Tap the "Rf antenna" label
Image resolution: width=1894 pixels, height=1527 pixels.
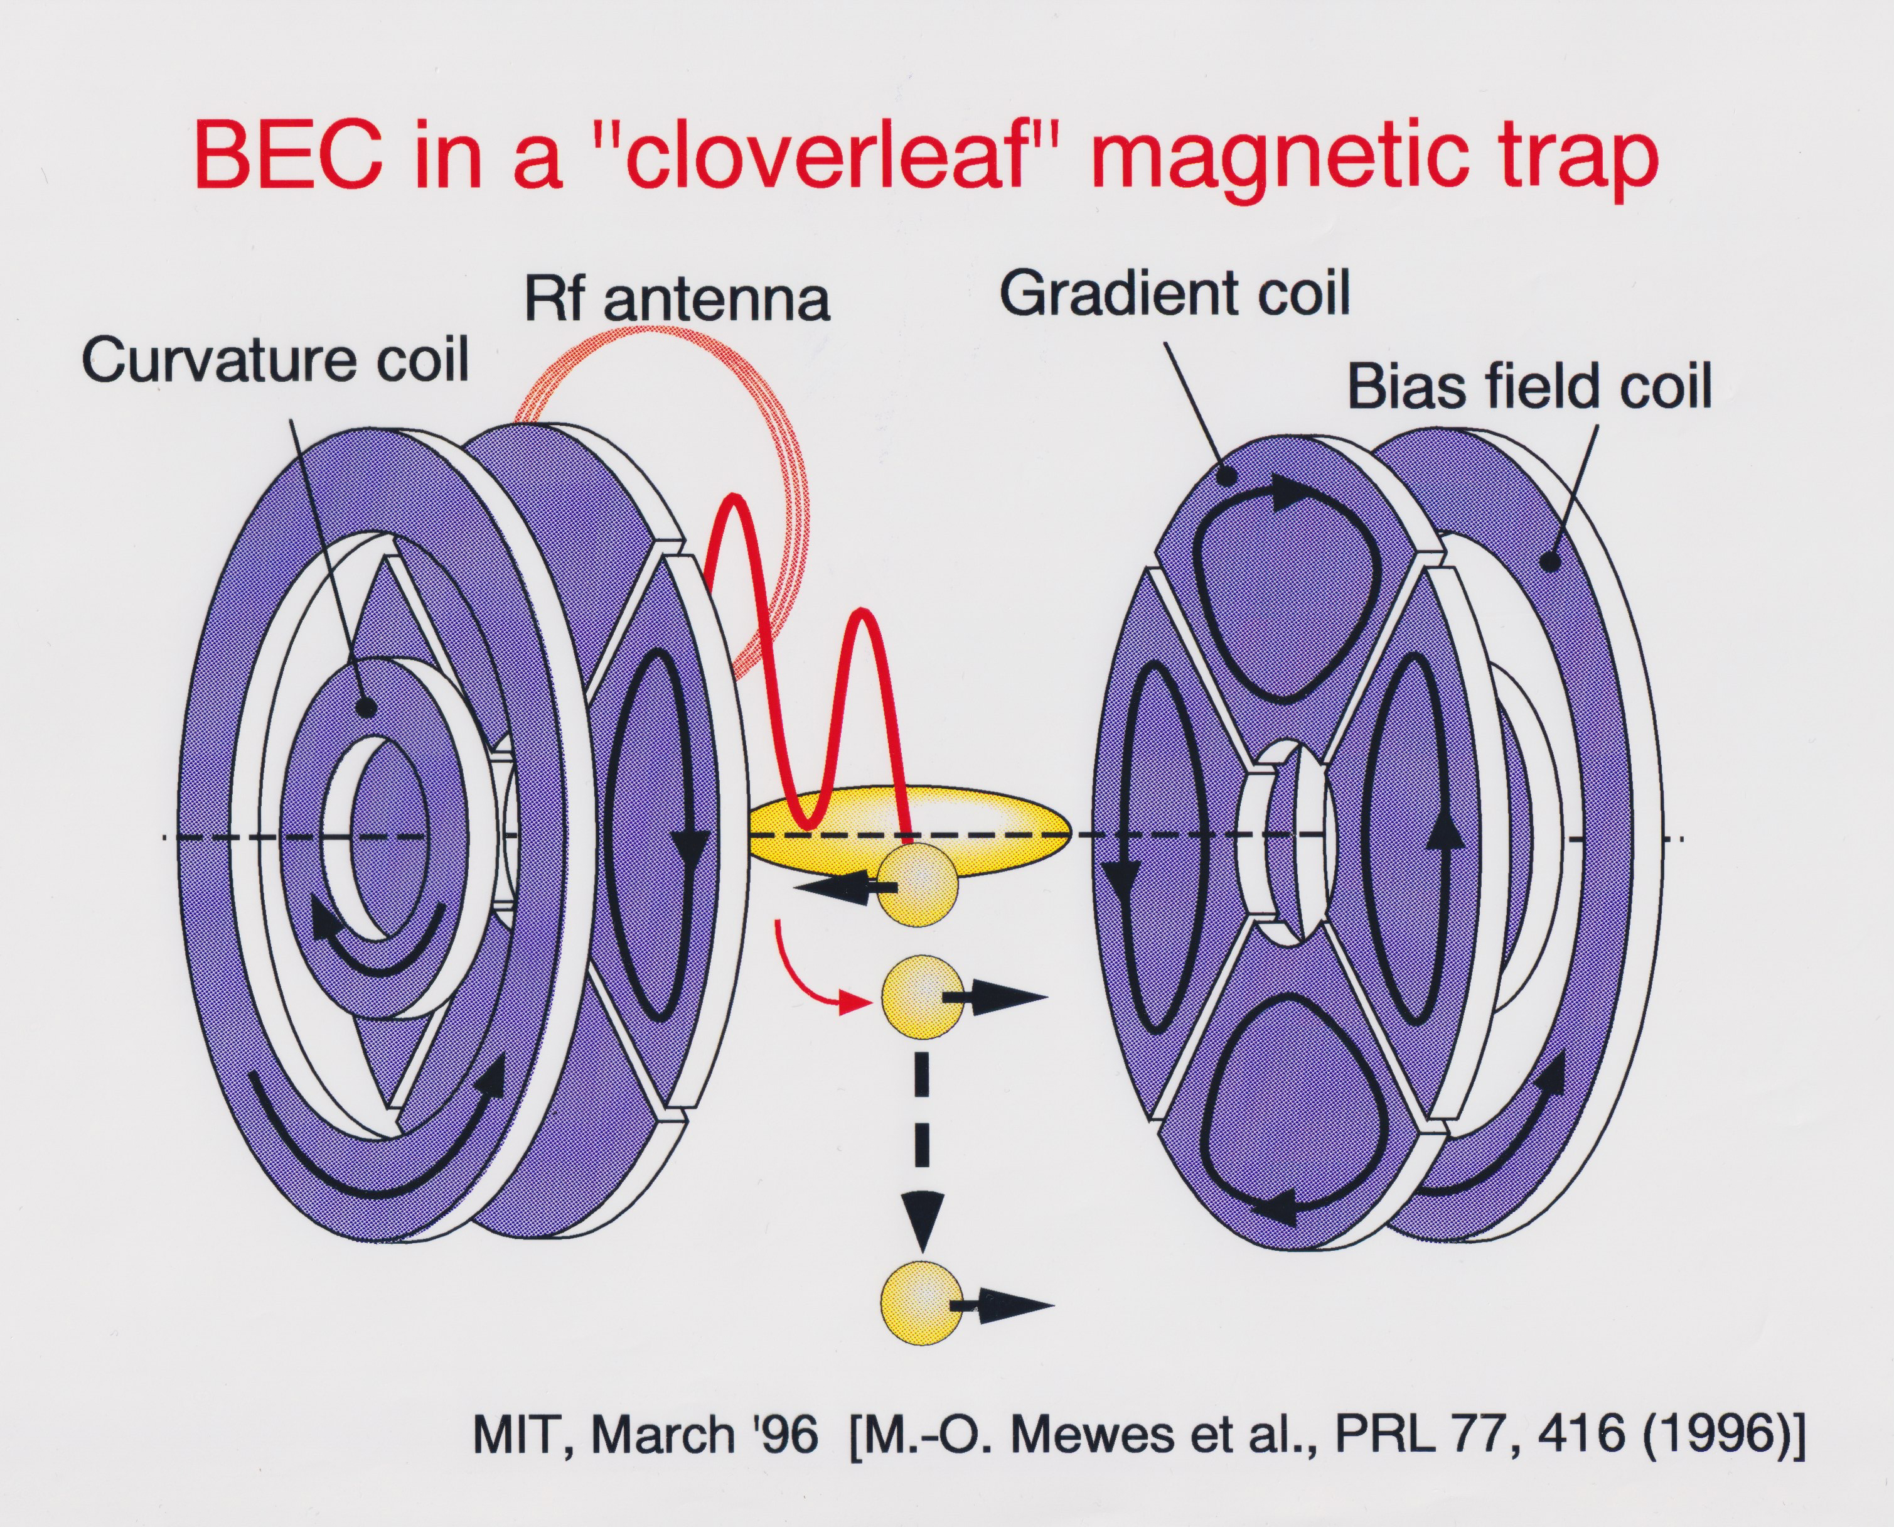pos(677,298)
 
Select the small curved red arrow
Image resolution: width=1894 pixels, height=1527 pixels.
pos(805,976)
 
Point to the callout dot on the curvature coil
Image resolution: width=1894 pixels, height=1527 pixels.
pos(366,706)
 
